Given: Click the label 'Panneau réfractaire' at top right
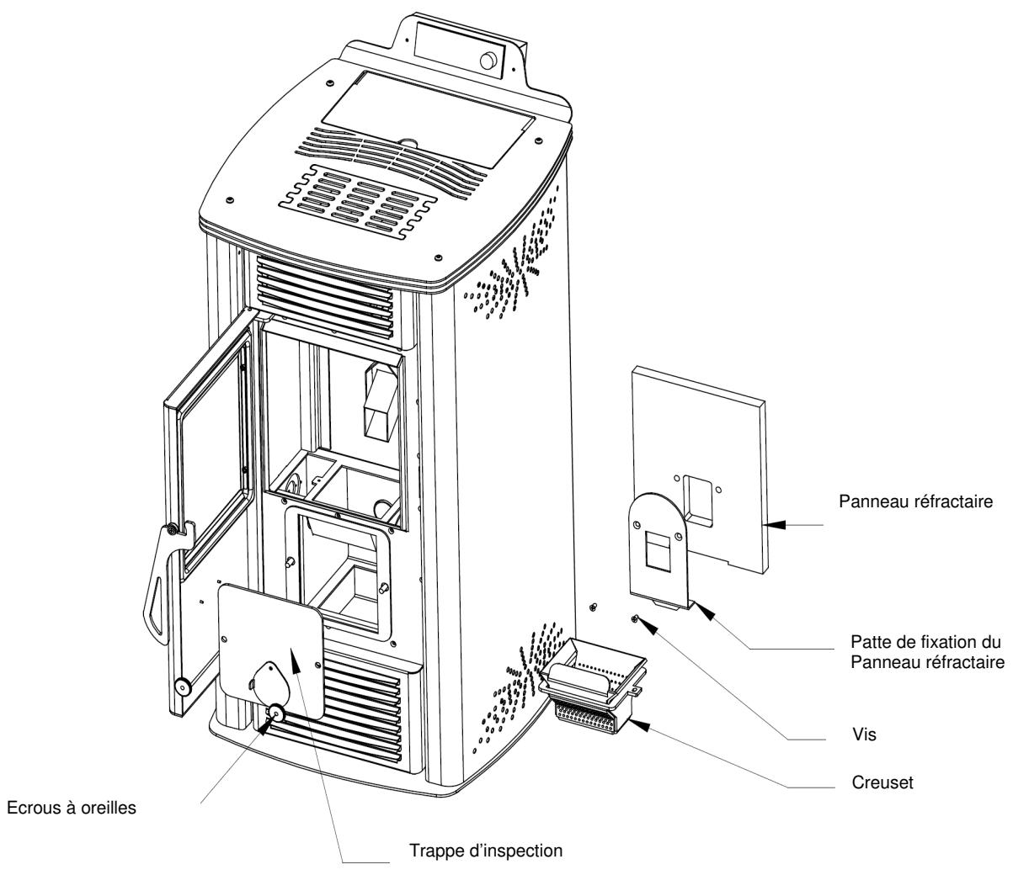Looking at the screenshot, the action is pyautogui.click(x=915, y=501).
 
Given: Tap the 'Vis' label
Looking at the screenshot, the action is pyautogui.click(x=864, y=734).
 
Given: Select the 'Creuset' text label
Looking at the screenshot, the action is pyautogui.click(x=882, y=782).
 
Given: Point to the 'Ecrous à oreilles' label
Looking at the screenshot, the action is pyautogui.click(x=72, y=808).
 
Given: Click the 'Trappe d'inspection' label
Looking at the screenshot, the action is pyautogui.click(x=486, y=850).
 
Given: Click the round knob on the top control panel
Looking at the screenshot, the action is pyautogui.click(x=488, y=61).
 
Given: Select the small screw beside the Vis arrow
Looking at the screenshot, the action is pyautogui.click(x=635, y=619).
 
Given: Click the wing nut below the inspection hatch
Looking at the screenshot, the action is pyautogui.click(x=275, y=712).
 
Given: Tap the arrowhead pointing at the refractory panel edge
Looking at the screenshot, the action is pyautogui.click(x=774, y=524).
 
